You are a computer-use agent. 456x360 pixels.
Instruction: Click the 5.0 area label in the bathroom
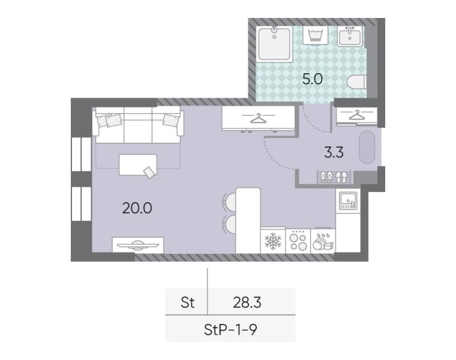coord(312,79)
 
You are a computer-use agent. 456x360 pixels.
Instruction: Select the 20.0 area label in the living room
coord(137,209)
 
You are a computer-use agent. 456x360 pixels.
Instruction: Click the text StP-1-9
coord(230,329)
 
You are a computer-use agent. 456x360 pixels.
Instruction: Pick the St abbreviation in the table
coord(187,303)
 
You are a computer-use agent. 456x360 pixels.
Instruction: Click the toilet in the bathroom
coord(356,83)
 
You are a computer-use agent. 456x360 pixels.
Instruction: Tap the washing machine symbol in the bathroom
coord(314,36)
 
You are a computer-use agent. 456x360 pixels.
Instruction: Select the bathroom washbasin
coord(350,36)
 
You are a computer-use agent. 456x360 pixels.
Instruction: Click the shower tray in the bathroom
coord(274,44)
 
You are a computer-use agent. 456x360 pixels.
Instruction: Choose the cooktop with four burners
coord(298,241)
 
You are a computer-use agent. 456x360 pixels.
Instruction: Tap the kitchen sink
coord(347,200)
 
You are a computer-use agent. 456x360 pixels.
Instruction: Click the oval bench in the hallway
coord(367,147)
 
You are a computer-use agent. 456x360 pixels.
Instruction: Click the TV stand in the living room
coord(138,245)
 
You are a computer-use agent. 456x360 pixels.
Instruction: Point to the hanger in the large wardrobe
coord(258,118)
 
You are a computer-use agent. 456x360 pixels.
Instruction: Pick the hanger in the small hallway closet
coord(357,115)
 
